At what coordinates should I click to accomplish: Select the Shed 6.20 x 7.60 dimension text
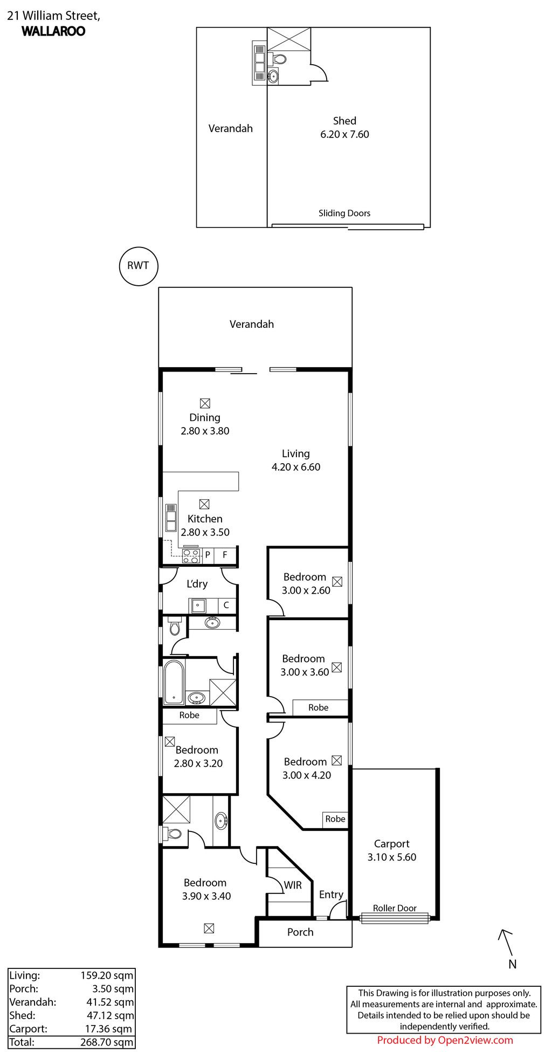point(344,134)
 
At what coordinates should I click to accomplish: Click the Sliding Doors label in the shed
point(344,213)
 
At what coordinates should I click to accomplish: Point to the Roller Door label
point(395,908)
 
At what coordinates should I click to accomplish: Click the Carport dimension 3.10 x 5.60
point(392,857)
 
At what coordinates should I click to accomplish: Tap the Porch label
point(300,932)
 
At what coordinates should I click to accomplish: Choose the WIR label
point(293,885)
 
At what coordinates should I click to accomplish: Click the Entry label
point(331,895)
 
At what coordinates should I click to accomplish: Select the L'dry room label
point(197,583)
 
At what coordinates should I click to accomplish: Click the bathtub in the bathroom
point(174,682)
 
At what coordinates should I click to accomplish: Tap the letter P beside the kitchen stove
point(208,555)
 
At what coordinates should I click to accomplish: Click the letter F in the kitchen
point(225,555)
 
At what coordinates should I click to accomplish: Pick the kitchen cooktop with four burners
point(191,555)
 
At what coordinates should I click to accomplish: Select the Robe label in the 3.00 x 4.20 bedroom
point(335,819)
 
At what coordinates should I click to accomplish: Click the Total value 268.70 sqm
point(107,1042)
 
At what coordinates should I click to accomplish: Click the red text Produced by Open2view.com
point(445,1040)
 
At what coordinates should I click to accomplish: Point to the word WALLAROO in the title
point(53,31)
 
